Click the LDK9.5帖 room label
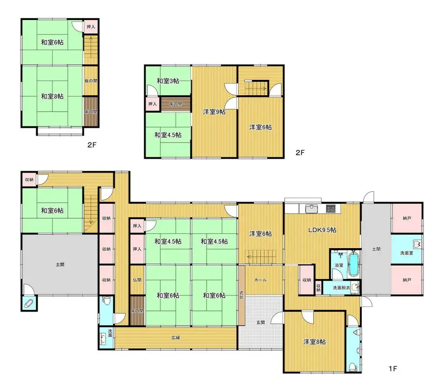pos(322,230)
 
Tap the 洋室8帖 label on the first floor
pos(315,342)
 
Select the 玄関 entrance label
pos(261,322)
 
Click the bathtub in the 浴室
pos(353,264)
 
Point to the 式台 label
pos(241,295)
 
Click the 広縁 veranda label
pos(176,337)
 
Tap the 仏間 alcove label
pos(137,280)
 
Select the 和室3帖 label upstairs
pos(168,81)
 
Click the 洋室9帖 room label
pos(214,112)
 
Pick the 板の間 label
pos(91,80)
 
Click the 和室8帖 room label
pos(52,96)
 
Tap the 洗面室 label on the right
pos(407,253)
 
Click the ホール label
pos(260,280)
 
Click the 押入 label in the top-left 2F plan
pos(91,27)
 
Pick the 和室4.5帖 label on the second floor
pos(168,135)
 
